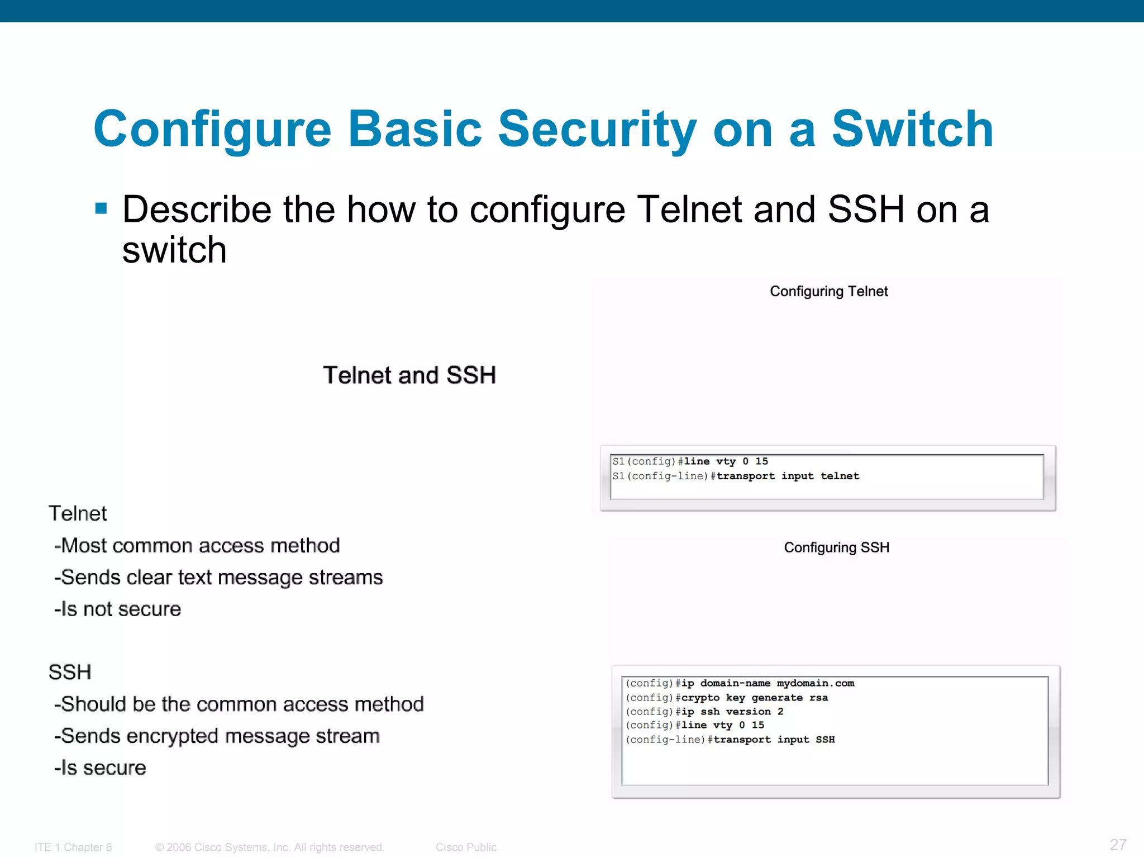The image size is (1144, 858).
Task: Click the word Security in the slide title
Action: click(597, 130)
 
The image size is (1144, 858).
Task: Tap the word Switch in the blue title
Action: click(913, 130)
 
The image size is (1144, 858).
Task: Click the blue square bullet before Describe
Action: click(101, 209)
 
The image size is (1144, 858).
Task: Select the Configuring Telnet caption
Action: click(828, 292)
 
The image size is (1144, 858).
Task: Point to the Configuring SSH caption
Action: click(836, 547)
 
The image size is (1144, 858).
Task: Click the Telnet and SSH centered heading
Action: click(409, 375)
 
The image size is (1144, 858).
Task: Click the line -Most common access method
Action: click(197, 546)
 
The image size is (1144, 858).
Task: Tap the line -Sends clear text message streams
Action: click(218, 578)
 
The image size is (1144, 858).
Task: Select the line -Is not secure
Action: click(118, 609)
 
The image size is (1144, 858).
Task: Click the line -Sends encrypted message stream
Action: click(217, 736)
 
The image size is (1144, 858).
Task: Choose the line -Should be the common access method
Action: click(239, 704)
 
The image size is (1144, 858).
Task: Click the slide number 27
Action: click(1118, 845)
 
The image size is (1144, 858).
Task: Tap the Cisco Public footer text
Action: click(466, 847)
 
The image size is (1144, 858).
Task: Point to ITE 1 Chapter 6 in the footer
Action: click(73, 847)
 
